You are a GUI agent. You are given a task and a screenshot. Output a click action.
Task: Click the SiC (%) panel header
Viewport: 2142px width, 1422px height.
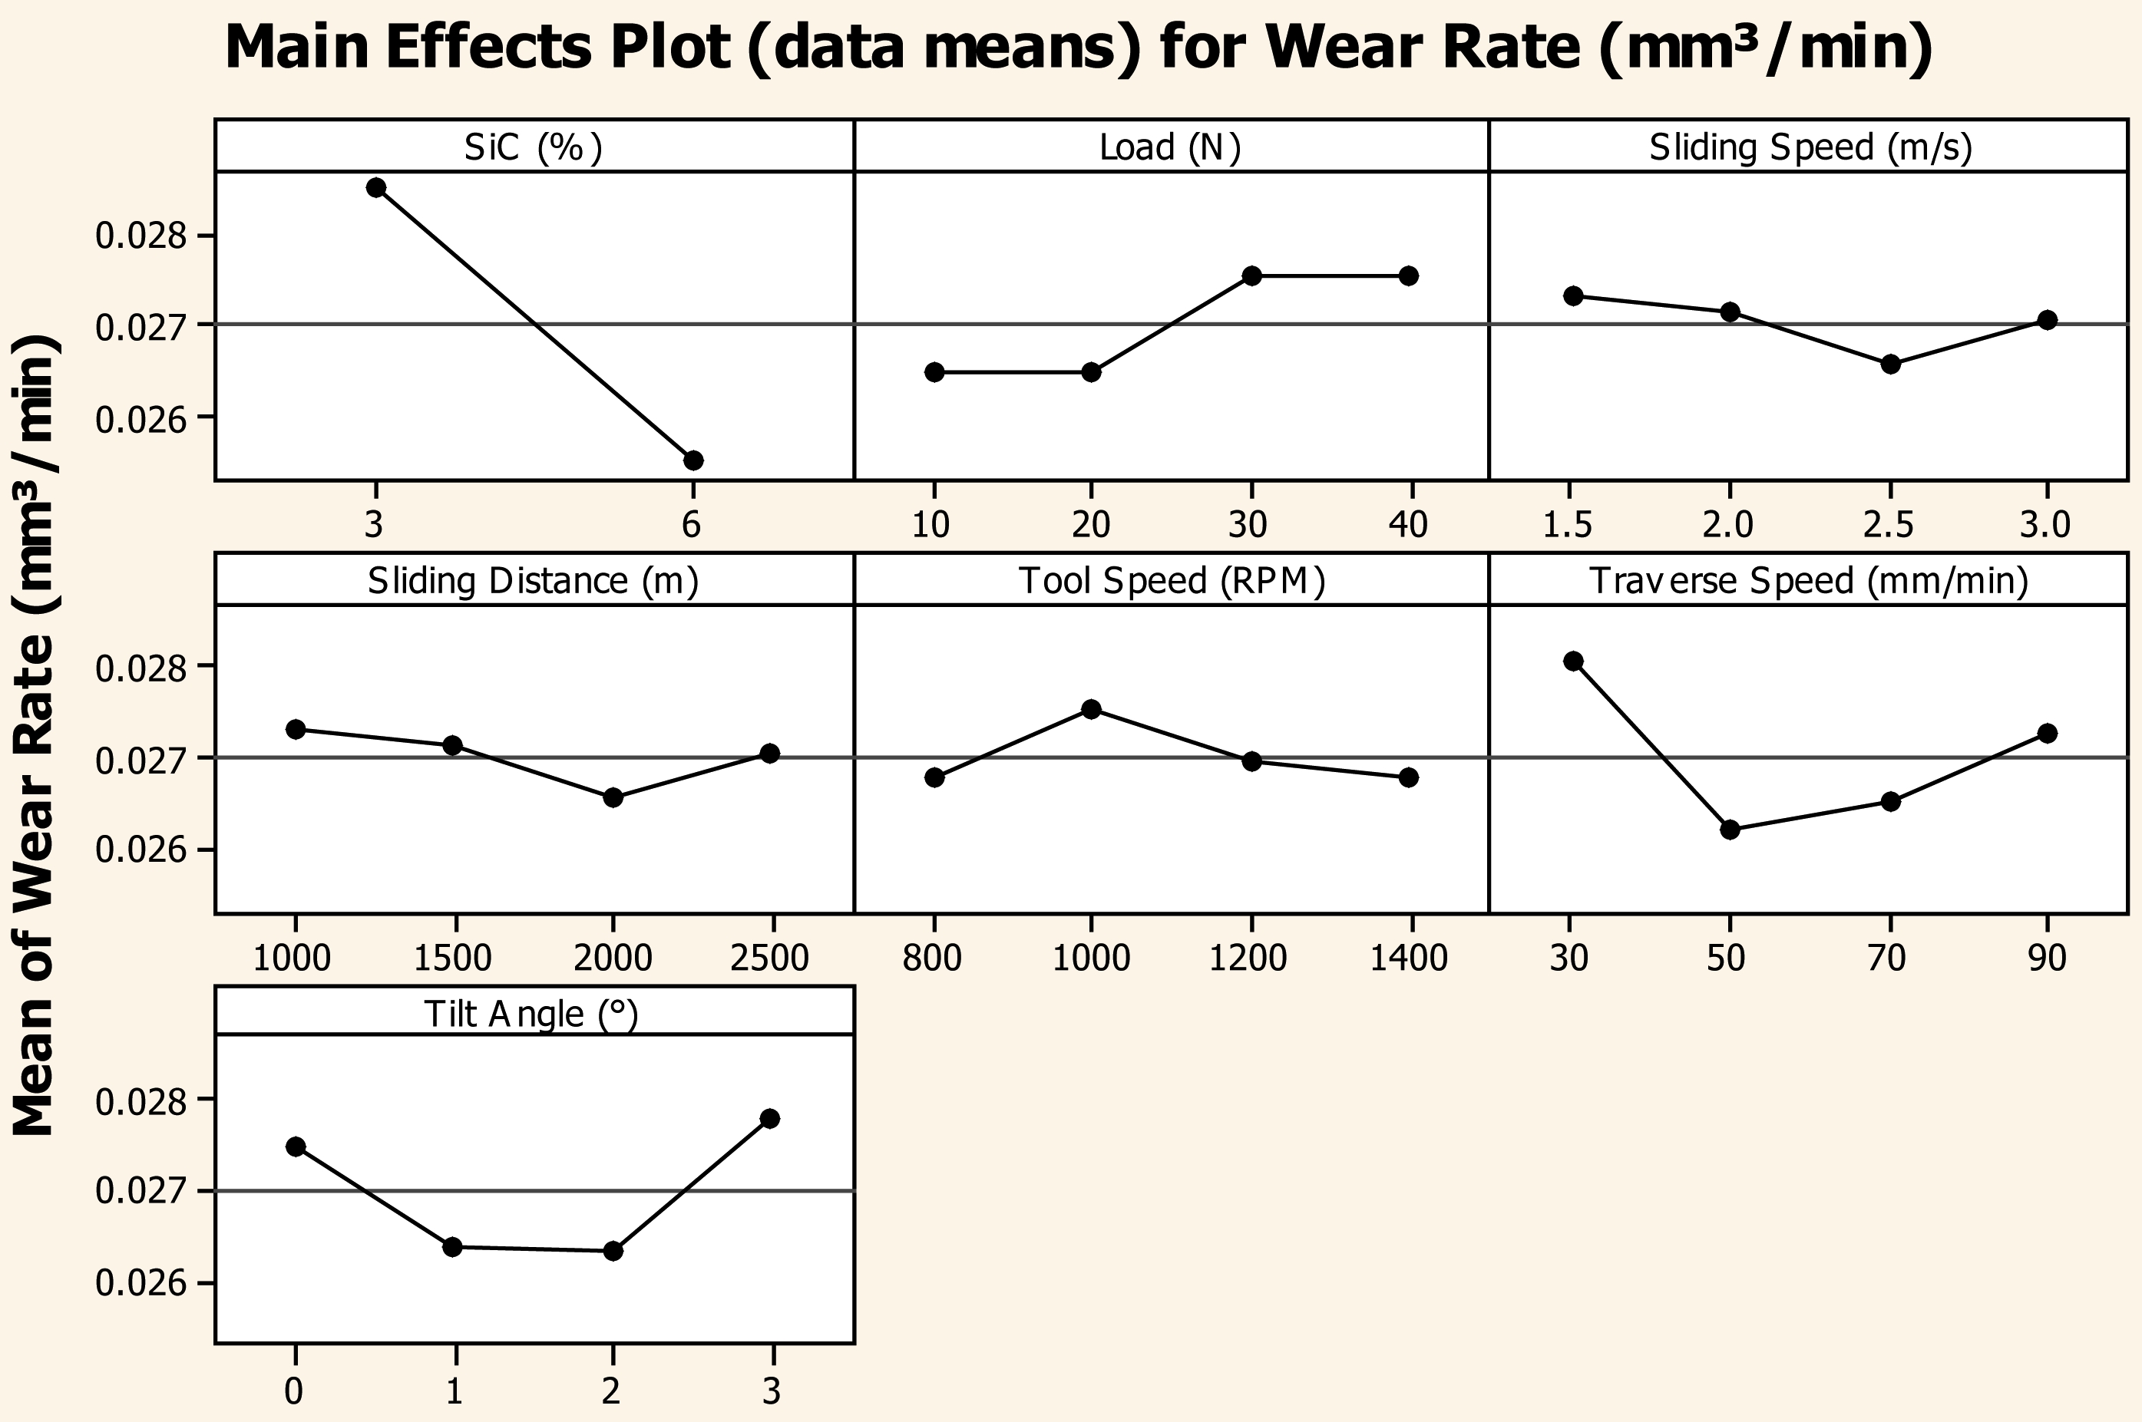(534, 147)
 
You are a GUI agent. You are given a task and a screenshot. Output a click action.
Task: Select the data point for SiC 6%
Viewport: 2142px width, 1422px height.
(693, 460)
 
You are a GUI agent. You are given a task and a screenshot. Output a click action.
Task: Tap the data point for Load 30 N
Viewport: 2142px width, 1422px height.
(1252, 275)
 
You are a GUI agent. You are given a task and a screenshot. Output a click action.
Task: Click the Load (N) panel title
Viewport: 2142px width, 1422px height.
(1170, 147)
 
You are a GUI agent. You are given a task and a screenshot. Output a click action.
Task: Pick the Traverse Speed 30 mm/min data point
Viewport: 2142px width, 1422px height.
(1573, 662)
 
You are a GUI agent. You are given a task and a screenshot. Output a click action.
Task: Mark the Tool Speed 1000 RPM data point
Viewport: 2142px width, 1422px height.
(1092, 709)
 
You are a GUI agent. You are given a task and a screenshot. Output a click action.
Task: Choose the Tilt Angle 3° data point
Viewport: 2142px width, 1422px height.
(770, 1119)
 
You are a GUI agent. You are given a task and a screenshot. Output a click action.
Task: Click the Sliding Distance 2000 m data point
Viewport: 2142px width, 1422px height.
(613, 798)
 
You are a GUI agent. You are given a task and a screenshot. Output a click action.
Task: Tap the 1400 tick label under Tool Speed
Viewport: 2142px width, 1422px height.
(1408, 958)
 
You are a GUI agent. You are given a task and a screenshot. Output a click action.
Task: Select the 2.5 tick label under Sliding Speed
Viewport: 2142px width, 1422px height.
(1889, 525)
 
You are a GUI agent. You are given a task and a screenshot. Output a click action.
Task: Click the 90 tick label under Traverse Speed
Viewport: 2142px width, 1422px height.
(2047, 958)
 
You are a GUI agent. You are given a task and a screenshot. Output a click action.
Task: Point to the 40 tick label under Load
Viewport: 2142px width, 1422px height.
(1408, 525)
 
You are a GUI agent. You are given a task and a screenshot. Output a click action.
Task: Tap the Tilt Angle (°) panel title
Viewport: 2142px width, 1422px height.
(531, 1014)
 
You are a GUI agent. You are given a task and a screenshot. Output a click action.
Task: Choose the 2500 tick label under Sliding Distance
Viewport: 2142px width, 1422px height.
(769, 958)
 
